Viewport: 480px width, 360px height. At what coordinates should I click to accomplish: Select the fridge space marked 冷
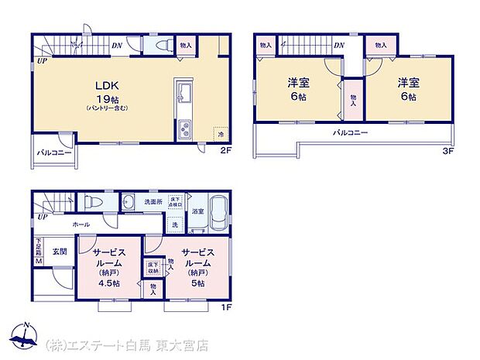click(221, 135)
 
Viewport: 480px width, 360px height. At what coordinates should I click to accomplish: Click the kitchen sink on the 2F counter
click(182, 96)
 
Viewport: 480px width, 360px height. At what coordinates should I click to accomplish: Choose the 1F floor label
click(225, 306)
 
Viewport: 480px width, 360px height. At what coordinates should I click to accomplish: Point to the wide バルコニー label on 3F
click(350, 134)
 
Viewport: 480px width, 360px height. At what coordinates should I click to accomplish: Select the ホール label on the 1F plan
click(81, 225)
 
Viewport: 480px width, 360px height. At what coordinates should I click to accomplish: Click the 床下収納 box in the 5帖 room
click(153, 268)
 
